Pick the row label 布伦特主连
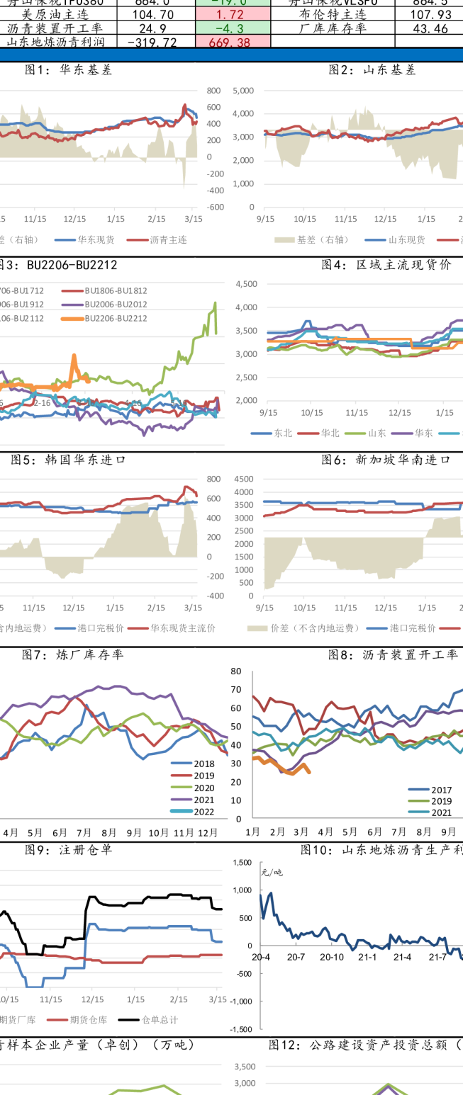[x=333, y=14]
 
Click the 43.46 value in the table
[x=430, y=28]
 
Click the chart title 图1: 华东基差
[x=68, y=70]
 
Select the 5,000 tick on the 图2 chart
[x=242, y=91]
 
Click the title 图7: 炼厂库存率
[x=72, y=654]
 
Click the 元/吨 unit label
[x=272, y=873]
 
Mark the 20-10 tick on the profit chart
[x=332, y=958]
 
